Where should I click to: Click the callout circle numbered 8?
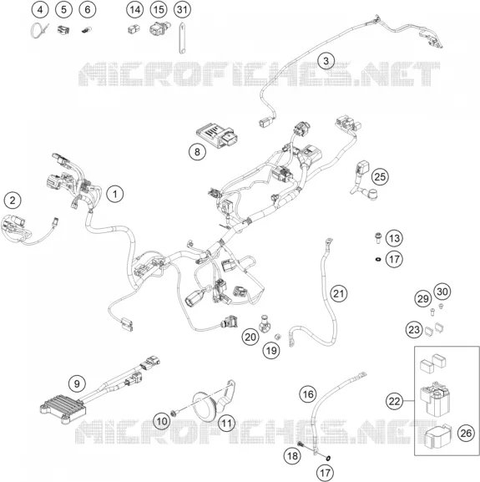(197, 151)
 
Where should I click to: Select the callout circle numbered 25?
(380, 177)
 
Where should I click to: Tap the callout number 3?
(326, 60)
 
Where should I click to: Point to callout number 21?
(338, 293)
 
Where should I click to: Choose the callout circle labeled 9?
(77, 383)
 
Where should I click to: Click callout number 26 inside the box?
(466, 433)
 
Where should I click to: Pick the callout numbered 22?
(394, 401)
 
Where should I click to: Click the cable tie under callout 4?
(39, 30)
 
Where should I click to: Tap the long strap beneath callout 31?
(182, 38)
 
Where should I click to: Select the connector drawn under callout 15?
(159, 28)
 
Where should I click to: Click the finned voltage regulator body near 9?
(63, 408)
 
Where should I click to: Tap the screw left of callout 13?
(377, 237)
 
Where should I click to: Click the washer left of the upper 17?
(377, 260)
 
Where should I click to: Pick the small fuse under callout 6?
(86, 30)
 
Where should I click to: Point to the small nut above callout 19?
(276, 336)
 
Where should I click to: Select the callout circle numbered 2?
(13, 200)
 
